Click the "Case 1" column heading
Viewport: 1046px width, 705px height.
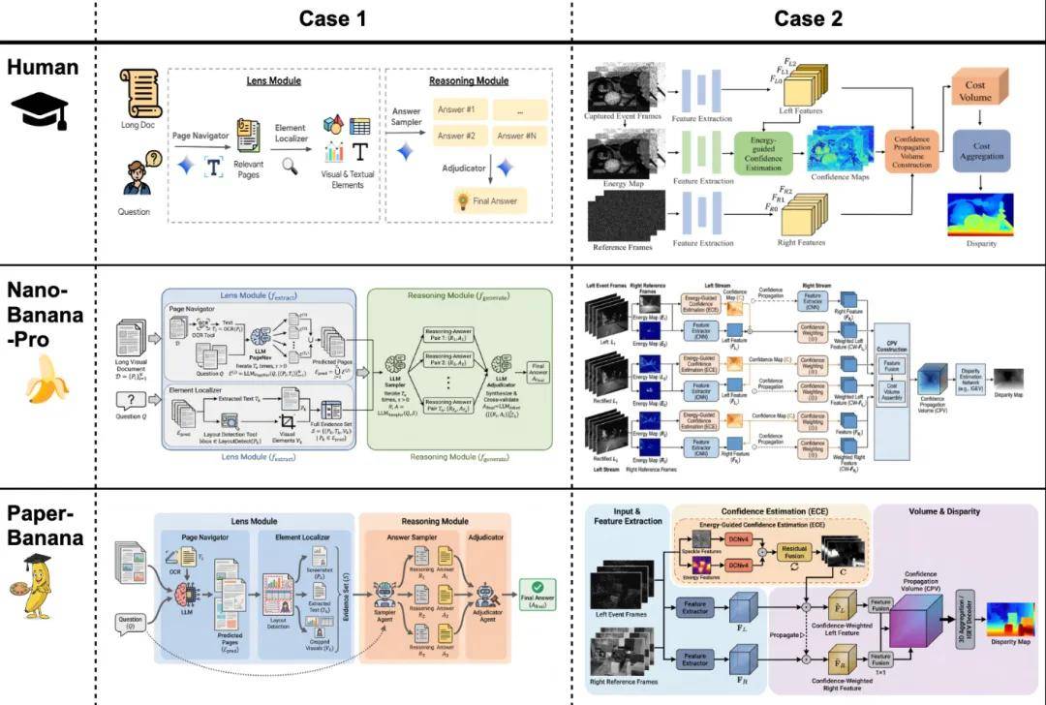coord(332,18)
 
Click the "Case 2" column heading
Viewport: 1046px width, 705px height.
coord(807,18)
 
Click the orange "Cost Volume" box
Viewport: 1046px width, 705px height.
coord(976,92)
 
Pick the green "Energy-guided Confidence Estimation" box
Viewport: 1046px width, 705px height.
coord(764,153)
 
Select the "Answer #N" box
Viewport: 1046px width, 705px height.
coord(518,136)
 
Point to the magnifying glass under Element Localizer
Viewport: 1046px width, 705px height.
coord(290,166)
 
